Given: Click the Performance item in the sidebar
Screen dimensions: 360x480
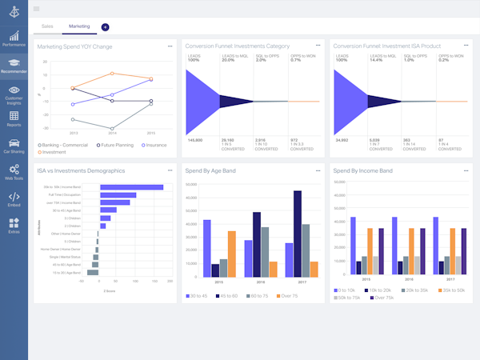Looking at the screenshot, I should [13, 38].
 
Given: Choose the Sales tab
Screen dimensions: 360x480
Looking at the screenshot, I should [47, 26].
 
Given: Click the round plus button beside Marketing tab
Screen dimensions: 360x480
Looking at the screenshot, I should [106, 26].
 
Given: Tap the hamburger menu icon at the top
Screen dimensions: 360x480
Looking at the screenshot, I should [37, 9].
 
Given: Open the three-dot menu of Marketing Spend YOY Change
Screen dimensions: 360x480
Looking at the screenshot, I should [170, 46].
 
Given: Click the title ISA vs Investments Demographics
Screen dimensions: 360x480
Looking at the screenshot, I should [82, 170].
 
